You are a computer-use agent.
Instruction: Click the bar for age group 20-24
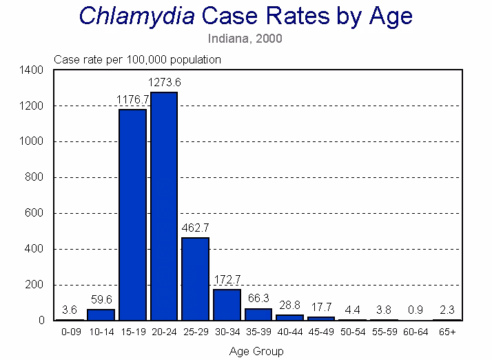(x=164, y=206)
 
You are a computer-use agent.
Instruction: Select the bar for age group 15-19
(x=132, y=214)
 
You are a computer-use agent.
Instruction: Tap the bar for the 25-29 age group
(x=195, y=279)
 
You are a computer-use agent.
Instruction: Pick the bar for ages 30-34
(x=227, y=305)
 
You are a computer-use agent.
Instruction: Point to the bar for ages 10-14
(x=101, y=314)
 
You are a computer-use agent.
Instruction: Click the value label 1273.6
(x=164, y=83)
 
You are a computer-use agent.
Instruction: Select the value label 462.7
(x=195, y=228)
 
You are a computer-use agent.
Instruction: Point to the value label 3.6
(x=70, y=310)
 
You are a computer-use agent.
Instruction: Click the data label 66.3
(x=258, y=299)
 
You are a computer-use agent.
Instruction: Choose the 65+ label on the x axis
(x=447, y=332)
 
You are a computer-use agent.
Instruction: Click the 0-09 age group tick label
(x=70, y=332)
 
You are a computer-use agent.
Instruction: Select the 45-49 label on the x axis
(x=321, y=332)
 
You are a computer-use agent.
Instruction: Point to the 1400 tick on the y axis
(x=34, y=70)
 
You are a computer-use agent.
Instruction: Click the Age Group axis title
(x=256, y=351)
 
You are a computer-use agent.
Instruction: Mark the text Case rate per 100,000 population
(x=137, y=59)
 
